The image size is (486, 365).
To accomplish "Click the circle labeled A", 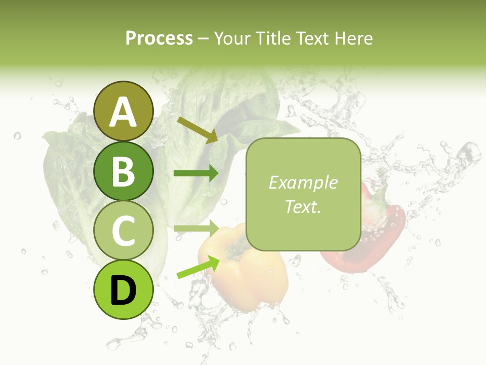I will [123, 111].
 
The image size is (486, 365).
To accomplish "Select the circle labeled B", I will [123, 171].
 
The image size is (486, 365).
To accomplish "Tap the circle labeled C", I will [123, 231].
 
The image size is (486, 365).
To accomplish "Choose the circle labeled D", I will [123, 290].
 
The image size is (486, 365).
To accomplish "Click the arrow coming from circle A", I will [197, 130].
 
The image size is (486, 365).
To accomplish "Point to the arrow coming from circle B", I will [196, 173].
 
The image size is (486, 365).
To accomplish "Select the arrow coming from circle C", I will [196, 228].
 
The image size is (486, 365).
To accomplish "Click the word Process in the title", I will [159, 39].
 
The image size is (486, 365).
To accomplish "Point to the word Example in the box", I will [303, 182].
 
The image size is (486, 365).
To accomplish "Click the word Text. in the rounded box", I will [303, 207].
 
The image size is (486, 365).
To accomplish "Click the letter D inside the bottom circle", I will [123, 291].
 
